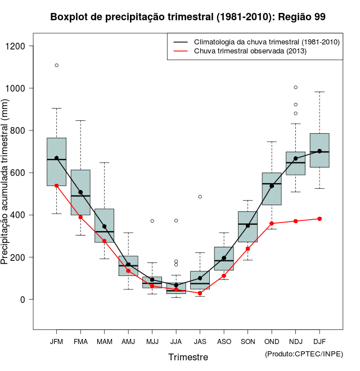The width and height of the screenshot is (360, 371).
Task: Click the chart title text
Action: click(x=188, y=17)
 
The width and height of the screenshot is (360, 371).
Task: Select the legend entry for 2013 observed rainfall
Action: click(x=250, y=52)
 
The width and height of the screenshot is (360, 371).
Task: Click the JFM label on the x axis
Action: click(x=56, y=341)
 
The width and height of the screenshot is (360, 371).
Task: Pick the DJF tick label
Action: click(x=319, y=341)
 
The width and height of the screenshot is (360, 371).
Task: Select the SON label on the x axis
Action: click(x=247, y=341)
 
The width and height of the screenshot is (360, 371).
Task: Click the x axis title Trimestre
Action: click(x=188, y=357)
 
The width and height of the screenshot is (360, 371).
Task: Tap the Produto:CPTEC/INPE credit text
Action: click(x=304, y=354)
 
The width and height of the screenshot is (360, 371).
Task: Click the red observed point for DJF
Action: click(x=319, y=219)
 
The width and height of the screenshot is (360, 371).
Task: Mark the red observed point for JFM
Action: click(x=56, y=185)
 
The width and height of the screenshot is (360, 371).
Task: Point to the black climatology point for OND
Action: click(x=272, y=185)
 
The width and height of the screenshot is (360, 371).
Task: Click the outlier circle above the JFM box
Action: click(x=56, y=65)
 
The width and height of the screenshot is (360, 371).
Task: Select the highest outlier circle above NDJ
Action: click(x=295, y=87)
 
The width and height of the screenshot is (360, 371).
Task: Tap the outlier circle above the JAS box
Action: click(x=200, y=197)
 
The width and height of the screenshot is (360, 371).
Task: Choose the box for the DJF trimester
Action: click(x=319, y=150)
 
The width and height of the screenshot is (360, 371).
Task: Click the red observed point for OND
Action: click(x=272, y=223)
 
